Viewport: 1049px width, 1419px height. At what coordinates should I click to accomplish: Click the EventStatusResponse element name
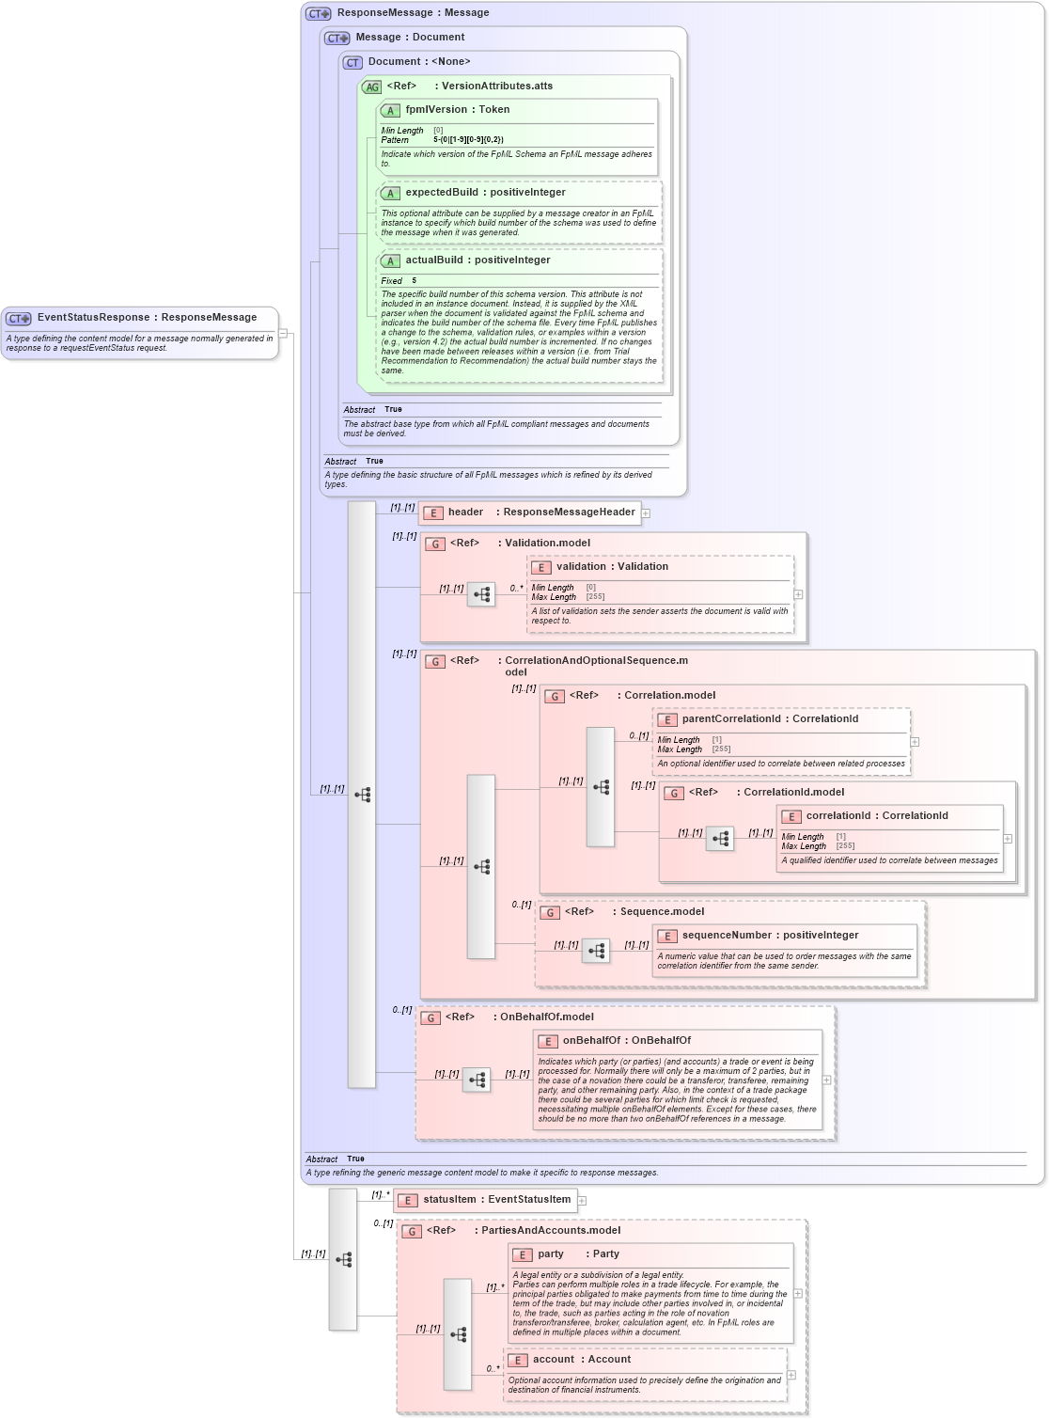pos(93,318)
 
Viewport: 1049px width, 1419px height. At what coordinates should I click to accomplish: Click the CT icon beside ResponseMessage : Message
pos(318,13)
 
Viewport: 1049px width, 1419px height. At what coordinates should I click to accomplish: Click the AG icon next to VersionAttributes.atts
pos(372,87)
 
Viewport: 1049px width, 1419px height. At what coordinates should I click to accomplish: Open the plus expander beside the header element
pos(646,513)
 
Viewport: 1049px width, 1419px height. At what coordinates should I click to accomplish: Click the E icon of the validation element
pos(541,567)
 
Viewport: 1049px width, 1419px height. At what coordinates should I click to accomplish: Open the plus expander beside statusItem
pos(582,1201)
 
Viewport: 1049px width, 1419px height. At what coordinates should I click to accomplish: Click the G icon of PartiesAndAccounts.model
pos(411,1231)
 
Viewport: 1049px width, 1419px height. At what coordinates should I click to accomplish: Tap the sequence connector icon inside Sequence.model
pos(596,951)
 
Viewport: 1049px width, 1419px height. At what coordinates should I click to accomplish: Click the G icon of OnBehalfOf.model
pos(430,1017)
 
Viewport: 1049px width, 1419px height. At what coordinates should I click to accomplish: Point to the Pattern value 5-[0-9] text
pos(468,140)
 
